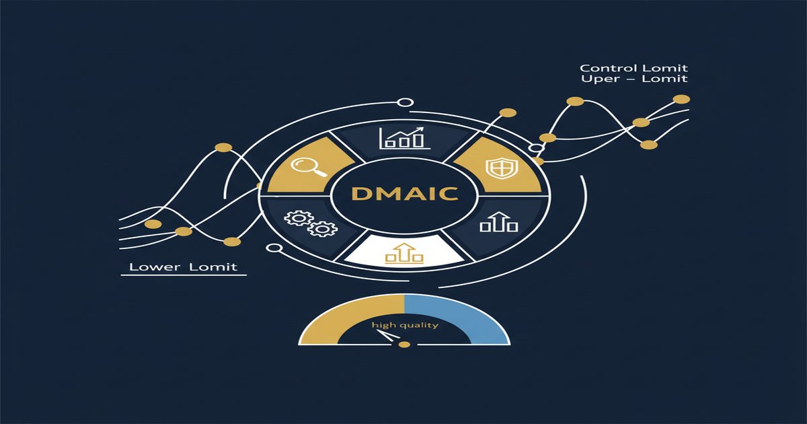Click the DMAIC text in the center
coord(405,194)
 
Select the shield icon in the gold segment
coord(502,168)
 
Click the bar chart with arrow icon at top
coord(405,138)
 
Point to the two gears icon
coord(311,223)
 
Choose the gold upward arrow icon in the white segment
coord(404,252)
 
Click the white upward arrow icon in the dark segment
coord(498,221)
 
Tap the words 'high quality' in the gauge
coord(405,326)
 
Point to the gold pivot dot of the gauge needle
coord(405,345)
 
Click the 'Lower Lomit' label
coord(184,267)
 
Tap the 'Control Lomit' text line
coord(633,68)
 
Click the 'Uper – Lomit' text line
coord(634,79)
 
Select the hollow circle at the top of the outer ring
coord(406,102)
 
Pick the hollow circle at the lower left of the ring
coord(274,248)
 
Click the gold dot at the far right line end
coord(681,99)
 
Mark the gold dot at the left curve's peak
coord(223,147)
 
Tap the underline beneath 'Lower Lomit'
coord(184,275)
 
